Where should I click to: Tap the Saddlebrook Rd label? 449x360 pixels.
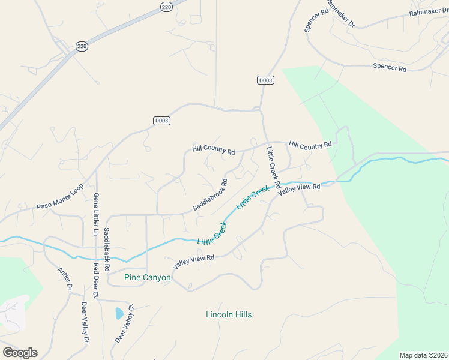[x=210, y=194]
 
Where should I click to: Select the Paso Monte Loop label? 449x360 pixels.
[x=59, y=197]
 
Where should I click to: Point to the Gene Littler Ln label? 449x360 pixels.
[x=95, y=214]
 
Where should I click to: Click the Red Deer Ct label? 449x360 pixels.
[x=95, y=280]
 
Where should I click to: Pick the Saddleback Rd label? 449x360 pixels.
[x=107, y=248]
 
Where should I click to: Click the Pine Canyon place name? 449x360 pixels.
[x=147, y=278]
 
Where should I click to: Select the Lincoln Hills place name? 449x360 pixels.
[x=229, y=314]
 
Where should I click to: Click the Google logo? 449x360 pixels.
[x=20, y=353]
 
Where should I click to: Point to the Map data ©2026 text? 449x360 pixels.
[x=423, y=355]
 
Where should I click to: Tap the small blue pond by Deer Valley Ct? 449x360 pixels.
[x=119, y=313]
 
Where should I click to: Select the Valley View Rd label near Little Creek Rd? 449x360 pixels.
[x=299, y=187]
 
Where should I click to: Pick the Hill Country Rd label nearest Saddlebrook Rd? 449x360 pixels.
[x=213, y=149]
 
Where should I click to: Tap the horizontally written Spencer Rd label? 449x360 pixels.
[x=390, y=67]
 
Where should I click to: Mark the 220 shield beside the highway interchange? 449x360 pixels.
[x=82, y=46]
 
